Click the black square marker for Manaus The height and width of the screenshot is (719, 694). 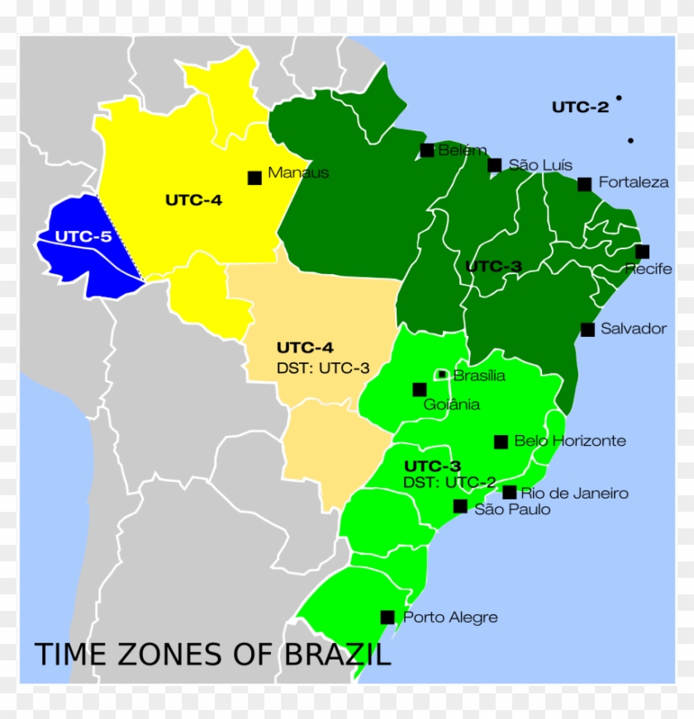tap(254, 177)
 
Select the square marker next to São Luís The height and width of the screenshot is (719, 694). tap(494, 165)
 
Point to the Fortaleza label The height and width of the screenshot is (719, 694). tap(634, 182)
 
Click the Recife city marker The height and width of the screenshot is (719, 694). tap(642, 252)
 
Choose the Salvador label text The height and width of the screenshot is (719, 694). tap(634, 329)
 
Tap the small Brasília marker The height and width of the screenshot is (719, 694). tap(442, 375)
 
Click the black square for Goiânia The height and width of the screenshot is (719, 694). tap(420, 390)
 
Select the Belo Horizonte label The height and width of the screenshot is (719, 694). tap(570, 441)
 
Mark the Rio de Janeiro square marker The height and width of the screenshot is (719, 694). tap(510, 492)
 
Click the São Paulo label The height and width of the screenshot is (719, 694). tap(512, 509)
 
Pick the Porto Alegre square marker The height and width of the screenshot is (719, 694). tap(387, 617)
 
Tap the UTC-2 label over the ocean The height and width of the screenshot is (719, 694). tap(580, 106)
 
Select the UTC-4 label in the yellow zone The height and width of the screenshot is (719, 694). tap(193, 200)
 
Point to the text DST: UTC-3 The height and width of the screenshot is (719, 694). tap(323, 368)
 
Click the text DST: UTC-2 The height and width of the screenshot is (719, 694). tap(450, 482)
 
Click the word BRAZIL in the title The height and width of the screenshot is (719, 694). tap(338, 655)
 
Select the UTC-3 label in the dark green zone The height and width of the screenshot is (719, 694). tap(493, 267)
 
